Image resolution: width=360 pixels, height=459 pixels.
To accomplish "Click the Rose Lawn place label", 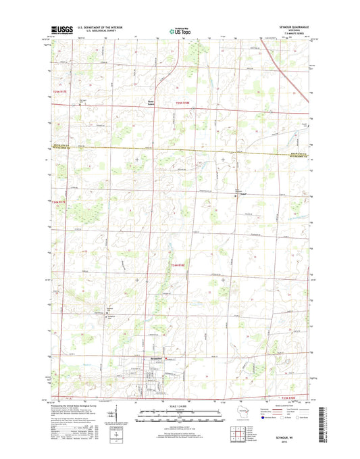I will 152,103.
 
